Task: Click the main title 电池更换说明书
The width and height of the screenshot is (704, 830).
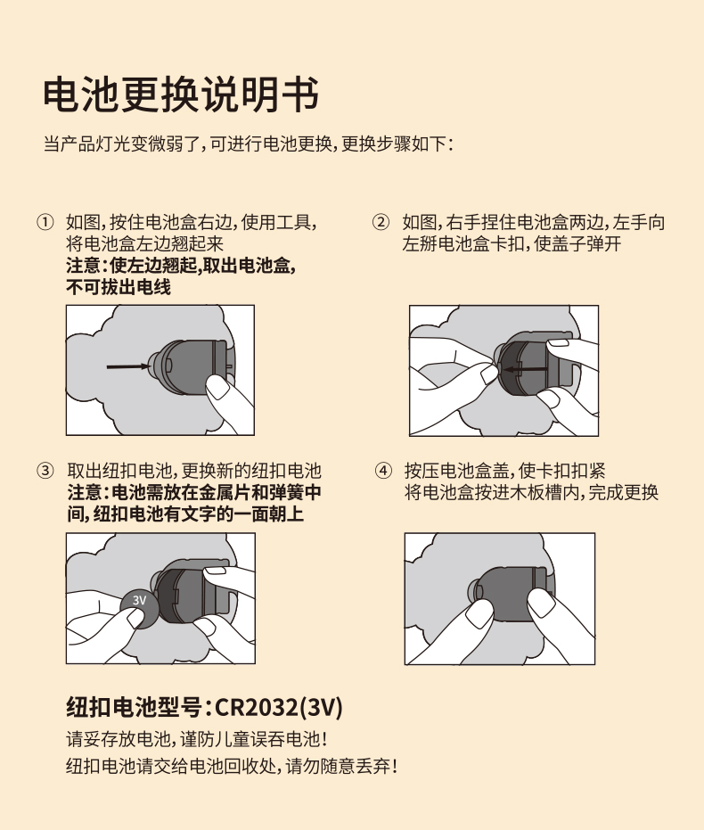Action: click(x=181, y=95)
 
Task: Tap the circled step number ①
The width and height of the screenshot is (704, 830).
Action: click(x=45, y=222)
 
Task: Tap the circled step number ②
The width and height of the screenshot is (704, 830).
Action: click(x=381, y=222)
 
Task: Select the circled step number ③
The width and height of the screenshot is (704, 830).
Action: click(x=45, y=471)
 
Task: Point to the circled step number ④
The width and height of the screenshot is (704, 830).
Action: click(x=383, y=471)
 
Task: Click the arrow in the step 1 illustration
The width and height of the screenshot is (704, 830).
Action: click(x=128, y=366)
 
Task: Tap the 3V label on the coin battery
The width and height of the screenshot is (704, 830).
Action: click(x=139, y=600)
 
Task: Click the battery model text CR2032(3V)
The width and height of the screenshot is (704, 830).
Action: click(x=279, y=707)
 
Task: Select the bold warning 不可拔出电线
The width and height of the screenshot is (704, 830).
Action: click(x=119, y=287)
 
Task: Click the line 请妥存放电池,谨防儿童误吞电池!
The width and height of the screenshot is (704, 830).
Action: click(x=197, y=739)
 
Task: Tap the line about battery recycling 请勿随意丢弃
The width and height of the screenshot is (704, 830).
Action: click(x=232, y=766)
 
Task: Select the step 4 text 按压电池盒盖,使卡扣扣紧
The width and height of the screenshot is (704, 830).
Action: click(x=505, y=471)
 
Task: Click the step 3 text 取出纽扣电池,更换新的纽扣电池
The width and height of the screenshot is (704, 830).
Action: click(x=194, y=471)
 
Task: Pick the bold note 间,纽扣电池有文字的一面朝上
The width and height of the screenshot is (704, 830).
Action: click(x=185, y=514)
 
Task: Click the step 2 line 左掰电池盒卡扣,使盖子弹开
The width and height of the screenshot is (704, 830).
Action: click(x=512, y=244)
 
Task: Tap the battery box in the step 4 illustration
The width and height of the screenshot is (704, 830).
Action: click(x=511, y=594)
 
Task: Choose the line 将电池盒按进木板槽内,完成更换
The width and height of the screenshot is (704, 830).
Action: click(x=532, y=492)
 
